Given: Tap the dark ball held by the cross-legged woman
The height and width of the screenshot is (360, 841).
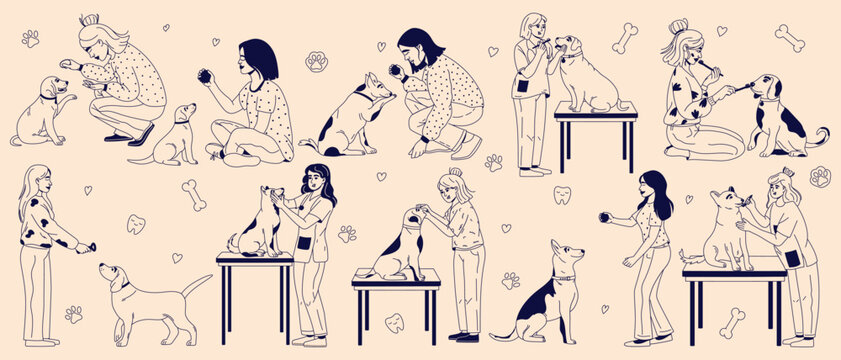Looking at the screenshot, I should (205, 75).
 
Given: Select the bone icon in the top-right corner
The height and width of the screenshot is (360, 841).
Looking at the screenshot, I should (789, 39).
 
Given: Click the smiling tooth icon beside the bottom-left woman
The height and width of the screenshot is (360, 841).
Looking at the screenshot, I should (136, 224).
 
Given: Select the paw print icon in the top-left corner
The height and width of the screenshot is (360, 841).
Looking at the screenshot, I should (30, 39).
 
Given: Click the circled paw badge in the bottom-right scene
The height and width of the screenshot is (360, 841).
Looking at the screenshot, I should (820, 177).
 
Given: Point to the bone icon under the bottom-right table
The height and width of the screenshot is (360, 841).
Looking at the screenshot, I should (732, 322).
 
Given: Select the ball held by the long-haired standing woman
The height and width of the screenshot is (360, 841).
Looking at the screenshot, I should (604, 214).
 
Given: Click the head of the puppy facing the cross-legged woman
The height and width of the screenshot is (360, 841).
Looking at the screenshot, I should (184, 114).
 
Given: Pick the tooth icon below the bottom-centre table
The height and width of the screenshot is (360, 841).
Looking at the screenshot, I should (395, 323).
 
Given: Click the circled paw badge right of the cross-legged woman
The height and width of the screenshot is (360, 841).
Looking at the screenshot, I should (317, 62).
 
